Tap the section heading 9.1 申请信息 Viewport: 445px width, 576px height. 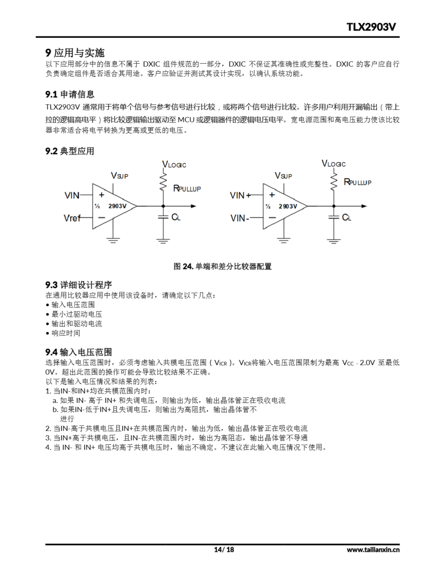point(70,94)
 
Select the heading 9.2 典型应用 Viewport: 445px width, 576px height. point(70,151)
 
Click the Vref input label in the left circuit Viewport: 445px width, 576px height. point(72,218)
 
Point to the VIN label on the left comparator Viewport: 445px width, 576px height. point(72,196)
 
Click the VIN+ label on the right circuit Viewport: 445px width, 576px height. point(240,196)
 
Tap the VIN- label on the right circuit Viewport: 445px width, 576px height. point(240,218)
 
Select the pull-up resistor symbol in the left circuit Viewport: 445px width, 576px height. point(163,182)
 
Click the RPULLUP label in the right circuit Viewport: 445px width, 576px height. point(357,182)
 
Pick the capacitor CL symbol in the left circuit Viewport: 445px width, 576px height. point(163,217)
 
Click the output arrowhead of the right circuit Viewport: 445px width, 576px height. point(364,206)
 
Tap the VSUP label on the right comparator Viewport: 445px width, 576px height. point(283,176)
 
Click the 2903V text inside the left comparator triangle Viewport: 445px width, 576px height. point(117,206)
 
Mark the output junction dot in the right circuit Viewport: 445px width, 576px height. point(334,206)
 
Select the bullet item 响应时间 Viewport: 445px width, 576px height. point(66,333)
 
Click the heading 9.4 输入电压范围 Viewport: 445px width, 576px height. point(79,352)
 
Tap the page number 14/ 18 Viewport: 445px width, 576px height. point(224,550)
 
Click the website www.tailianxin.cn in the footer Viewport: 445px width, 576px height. point(373,550)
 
